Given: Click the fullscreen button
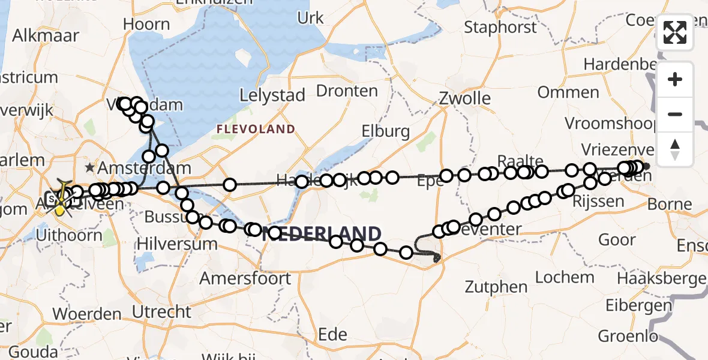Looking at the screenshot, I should [675, 32].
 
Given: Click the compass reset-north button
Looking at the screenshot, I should [675, 149].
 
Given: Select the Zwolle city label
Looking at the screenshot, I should [464, 98].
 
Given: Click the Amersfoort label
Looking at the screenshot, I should [245, 278].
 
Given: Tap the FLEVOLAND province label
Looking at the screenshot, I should [256, 129].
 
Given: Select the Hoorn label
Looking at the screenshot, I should [146, 25].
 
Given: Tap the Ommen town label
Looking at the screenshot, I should [568, 92].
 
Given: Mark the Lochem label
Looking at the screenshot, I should [565, 277].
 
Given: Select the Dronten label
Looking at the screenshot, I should [347, 91].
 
